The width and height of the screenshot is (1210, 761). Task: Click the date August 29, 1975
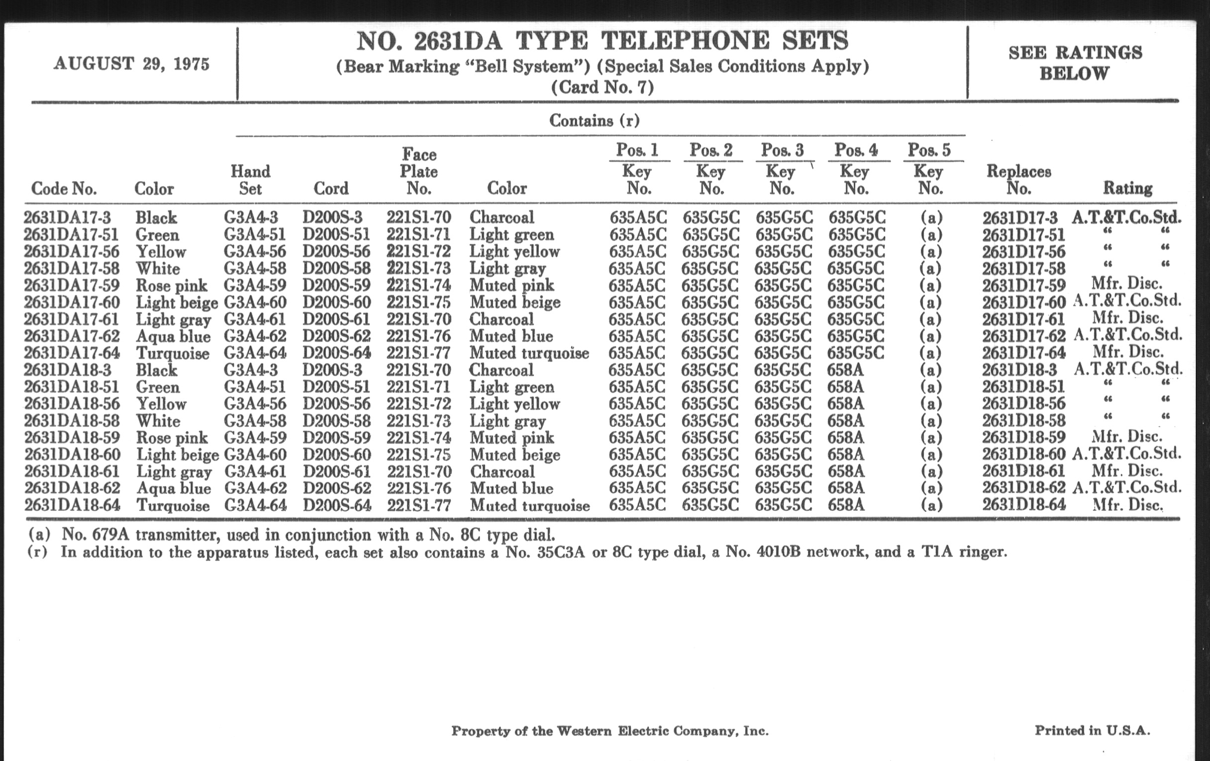131,64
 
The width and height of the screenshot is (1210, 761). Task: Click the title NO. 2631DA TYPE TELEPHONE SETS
602,41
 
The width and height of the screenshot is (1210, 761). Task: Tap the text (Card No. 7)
602,88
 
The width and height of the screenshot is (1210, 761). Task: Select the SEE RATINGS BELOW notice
1075,63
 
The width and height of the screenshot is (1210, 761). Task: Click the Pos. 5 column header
929,150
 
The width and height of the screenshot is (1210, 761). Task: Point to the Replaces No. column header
1018,180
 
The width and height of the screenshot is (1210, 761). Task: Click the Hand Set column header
250,180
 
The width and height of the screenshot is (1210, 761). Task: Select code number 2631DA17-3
67,217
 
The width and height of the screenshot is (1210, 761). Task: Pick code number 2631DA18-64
72,505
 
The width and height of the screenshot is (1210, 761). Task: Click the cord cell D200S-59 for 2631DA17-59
336,285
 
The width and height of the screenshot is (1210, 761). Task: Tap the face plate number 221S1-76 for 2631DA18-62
418,488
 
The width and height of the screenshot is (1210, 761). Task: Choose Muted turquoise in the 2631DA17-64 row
528,353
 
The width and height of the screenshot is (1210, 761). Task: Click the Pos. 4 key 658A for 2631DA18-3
845,370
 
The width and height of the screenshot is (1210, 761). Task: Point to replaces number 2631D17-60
1023,302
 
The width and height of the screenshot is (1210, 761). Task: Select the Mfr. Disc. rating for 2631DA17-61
1127,318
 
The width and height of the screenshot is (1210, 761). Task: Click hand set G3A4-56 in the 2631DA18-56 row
255,404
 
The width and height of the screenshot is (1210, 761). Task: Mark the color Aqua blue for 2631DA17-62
173,336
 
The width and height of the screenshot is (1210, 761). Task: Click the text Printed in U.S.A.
1092,730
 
